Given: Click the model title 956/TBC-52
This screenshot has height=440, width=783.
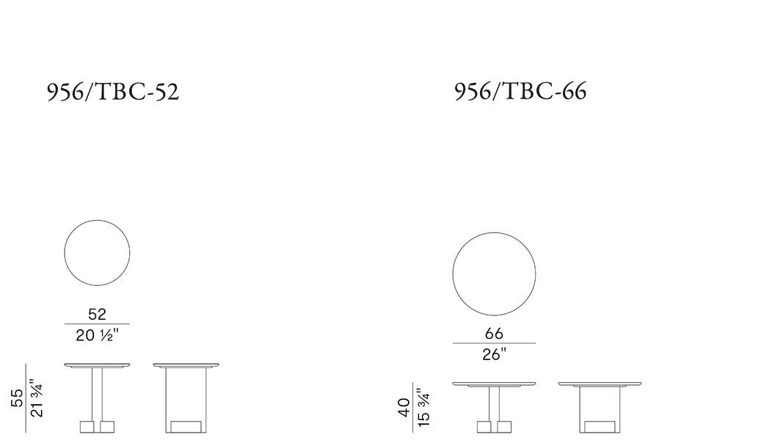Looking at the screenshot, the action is click(x=113, y=92).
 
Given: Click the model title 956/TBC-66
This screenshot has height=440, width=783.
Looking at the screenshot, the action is click(x=520, y=91).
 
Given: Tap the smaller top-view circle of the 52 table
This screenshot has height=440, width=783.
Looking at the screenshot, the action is click(x=97, y=220).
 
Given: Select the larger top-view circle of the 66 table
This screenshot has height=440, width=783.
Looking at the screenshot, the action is click(x=494, y=233).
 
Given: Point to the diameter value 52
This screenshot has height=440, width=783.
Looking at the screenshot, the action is click(x=98, y=315).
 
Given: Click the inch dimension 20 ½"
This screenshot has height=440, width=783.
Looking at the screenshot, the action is click(x=98, y=335).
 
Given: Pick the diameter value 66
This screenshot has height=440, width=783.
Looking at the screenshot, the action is click(x=494, y=333).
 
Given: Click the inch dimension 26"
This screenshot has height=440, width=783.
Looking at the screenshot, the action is click(x=494, y=354).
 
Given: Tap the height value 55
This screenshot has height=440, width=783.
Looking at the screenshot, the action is click(x=17, y=398).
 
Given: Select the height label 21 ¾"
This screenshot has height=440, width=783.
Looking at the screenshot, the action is click(x=37, y=397).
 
